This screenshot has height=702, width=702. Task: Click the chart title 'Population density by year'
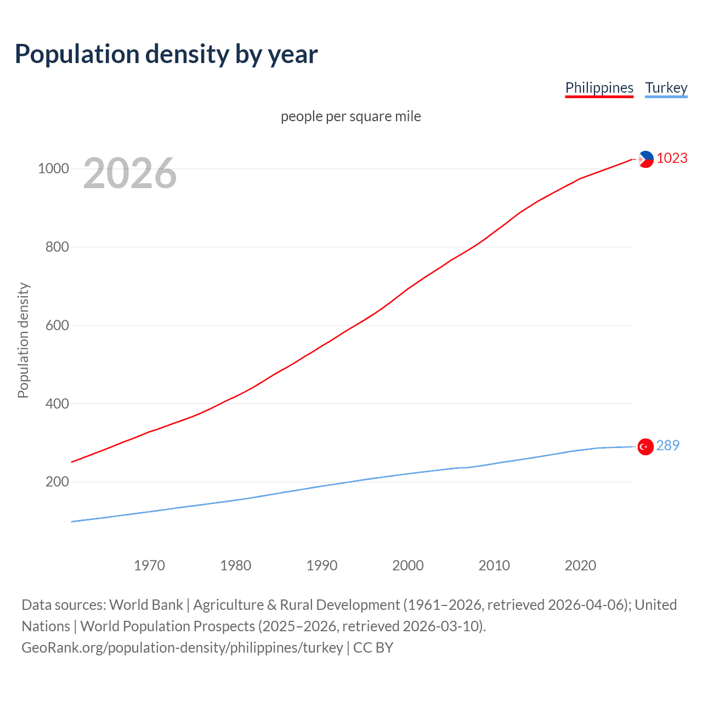point(166,54)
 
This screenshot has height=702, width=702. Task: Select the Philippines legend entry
point(599,88)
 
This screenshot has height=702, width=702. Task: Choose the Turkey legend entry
point(666,88)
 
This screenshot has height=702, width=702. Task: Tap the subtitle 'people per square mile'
point(350,116)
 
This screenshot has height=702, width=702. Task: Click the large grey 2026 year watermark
point(130,173)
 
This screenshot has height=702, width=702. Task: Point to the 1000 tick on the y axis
point(53,168)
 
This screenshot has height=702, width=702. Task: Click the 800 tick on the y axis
point(57,247)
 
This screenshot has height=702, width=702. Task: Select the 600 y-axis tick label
point(57,325)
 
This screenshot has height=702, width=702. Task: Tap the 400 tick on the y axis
point(57,404)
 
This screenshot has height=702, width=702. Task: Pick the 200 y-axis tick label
point(57,482)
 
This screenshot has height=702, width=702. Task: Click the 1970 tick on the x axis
point(149,565)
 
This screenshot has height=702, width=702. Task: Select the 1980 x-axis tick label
point(235,565)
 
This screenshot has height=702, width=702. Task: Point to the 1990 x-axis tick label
point(322,565)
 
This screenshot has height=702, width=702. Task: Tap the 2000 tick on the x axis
point(408,565)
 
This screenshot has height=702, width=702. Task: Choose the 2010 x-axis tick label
point(494,565)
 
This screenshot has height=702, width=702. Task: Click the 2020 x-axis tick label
point(580,565)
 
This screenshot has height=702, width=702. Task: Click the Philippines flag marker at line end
point(646,159)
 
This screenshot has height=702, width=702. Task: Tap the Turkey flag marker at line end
point(646,447)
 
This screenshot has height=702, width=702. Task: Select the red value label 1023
point(672,158)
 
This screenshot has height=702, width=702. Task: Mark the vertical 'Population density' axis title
point(23,340)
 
